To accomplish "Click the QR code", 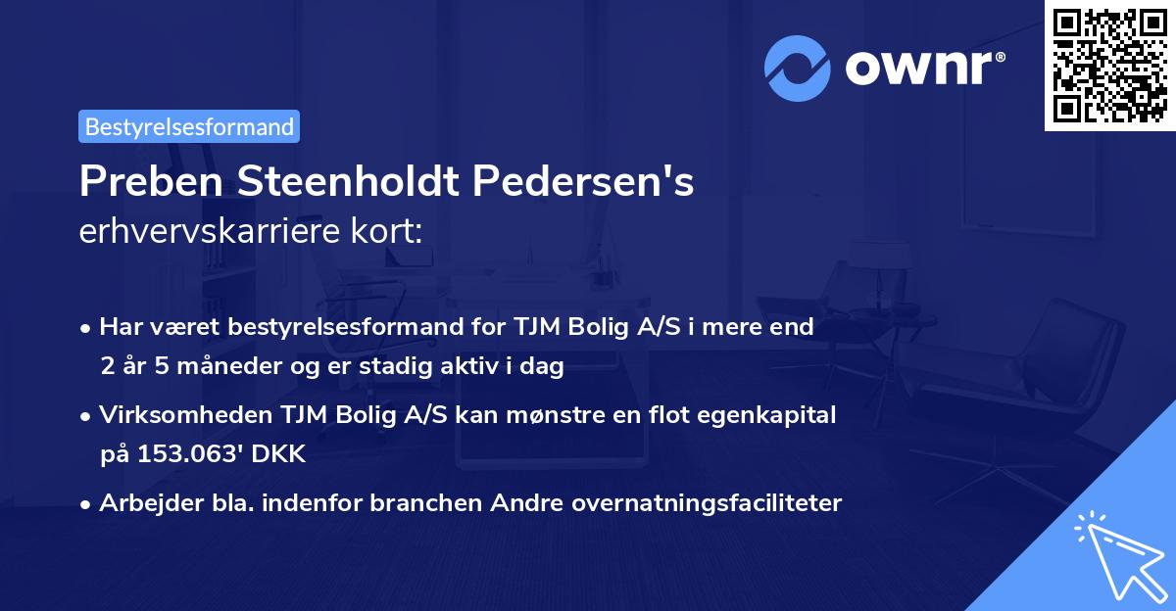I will [x=1109, y=66].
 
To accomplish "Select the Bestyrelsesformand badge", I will [x=189, y=126].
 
